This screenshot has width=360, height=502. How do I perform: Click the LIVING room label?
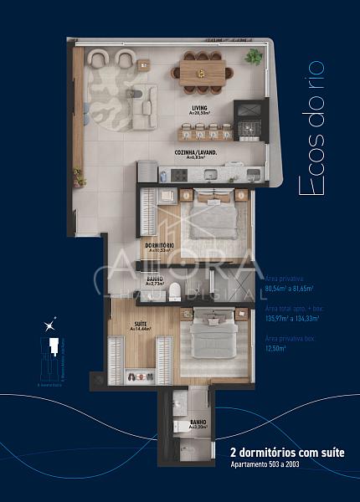coord(199,109)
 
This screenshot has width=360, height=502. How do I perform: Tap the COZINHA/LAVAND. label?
coord(196,154)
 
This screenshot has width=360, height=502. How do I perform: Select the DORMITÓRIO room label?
coord(159,247)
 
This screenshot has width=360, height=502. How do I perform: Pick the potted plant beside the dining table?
coord(253,57)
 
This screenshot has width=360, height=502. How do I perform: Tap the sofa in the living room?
coord(143,100)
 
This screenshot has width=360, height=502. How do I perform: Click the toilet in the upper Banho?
coord(175,292)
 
